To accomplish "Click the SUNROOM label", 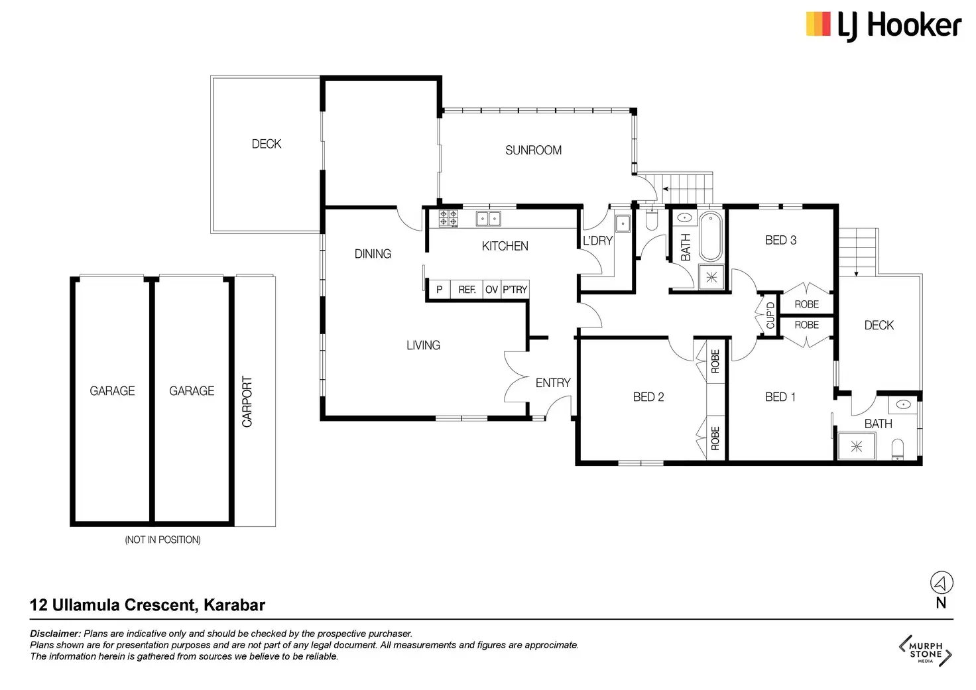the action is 533,150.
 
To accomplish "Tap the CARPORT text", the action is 247,402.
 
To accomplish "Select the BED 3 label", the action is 780,240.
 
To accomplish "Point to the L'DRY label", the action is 597,241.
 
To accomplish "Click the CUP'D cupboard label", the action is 770,316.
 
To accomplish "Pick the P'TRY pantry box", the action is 515,290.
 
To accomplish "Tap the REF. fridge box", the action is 467,290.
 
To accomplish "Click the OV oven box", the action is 491,290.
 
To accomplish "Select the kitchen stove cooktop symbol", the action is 448,218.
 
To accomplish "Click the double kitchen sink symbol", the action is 489,218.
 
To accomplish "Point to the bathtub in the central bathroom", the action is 710,237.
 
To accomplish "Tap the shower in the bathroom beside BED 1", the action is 856,446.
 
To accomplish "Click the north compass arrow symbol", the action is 940,583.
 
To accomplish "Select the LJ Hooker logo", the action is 883,26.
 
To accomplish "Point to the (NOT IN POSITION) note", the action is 162,540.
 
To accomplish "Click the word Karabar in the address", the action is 234,605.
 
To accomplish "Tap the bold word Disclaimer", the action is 55,634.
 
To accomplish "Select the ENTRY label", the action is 553,382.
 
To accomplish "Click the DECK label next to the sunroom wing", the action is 267,144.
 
